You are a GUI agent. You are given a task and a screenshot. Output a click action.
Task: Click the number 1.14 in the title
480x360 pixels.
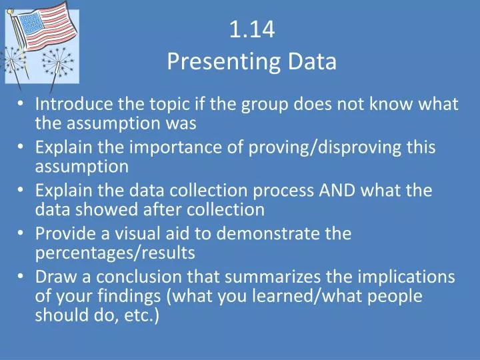(252, 30)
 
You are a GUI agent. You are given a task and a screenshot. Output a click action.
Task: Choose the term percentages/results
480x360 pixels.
(115, 253)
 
